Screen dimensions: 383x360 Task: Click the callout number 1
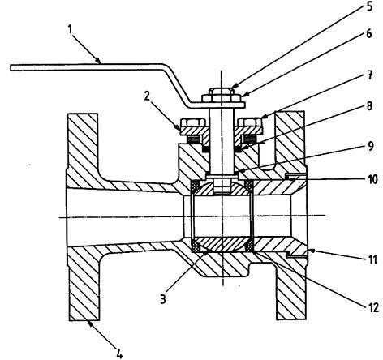pyautogui.click(x=71, y=29)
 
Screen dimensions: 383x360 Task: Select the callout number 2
pyautogui.click(x=147, y=96)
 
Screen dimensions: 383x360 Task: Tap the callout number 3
pyautogui.click(x=163, y=299)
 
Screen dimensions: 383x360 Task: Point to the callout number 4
pyautogui.click(x=119, y=354)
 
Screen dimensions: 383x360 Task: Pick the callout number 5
pyautogui.click(x=369, y=6)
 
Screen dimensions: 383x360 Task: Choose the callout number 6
pyautogui.click(x=369, y=34)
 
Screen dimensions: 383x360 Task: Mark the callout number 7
pyautogui.click(x=370, y=75)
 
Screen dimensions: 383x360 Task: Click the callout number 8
pyautogui.click(x=369, y=106)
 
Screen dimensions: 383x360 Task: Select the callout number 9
pyautogui.click(x=371, y=146)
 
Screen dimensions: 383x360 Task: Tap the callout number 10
pyautogui.click(x=372, y=179)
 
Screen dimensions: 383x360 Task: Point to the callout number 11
pyautogui.click(x=372, y=259)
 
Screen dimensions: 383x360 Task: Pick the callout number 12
pyautogui.click(x=373, y=307)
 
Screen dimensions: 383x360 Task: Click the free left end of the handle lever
pyautogui.click(x=11, y=68)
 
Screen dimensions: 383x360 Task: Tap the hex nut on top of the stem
pyautogui.click(x=222, y=92)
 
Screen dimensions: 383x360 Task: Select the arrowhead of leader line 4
pyautogui.click(x=89, y=324)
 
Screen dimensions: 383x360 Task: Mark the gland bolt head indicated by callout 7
pyautogui.click(x=250, y=122)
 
